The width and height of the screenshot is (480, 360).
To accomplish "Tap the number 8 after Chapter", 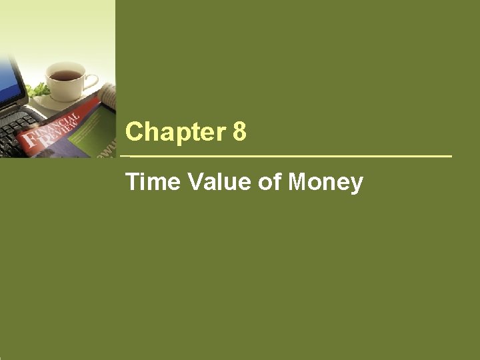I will point(240,132).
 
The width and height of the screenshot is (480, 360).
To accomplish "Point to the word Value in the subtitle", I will point(217,181).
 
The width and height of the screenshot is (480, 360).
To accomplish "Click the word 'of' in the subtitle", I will point(269,181).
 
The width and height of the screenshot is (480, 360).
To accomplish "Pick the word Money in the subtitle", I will point(325,182).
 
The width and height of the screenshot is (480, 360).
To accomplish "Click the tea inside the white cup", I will point(65,75).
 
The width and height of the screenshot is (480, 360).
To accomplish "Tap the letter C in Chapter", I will point(133,132).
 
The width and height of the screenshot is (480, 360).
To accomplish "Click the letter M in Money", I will point(298,181).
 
